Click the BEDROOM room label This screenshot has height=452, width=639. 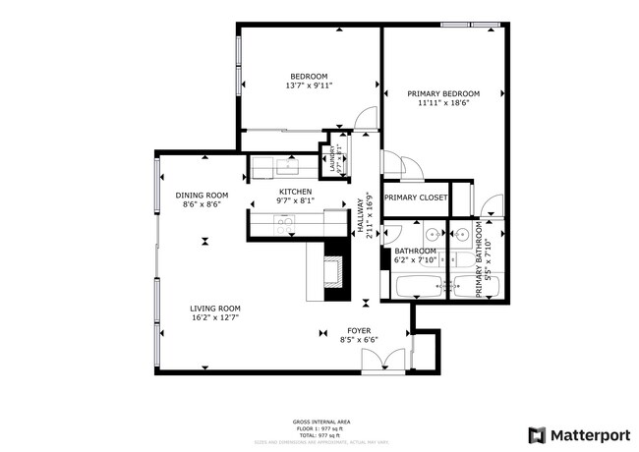click(309, 76)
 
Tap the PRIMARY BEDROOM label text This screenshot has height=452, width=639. click(442, 93)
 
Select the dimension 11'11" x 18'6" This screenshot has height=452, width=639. click(442, 103)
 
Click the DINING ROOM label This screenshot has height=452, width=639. click(203, 195)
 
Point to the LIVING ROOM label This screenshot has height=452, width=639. click(214, 308)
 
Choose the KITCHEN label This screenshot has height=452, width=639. click(295, 192)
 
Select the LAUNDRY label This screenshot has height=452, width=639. click(330, 160)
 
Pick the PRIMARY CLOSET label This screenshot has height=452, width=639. click(415, 198)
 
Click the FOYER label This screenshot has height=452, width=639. click(359, 330)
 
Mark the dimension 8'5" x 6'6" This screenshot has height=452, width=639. click(359, 340)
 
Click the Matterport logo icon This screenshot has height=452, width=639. click(537, 434)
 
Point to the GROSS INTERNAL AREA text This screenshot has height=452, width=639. click(318, 420)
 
